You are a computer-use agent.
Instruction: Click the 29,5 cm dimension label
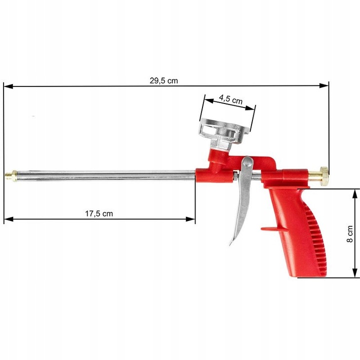163,80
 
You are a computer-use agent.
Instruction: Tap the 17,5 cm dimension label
98,213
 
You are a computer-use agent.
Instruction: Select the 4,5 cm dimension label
230,99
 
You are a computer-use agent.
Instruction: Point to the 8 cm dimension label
350,233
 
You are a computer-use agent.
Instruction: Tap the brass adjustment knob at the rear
323,174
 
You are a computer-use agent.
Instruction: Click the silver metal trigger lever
239,210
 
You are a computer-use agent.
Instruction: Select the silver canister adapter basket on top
223,131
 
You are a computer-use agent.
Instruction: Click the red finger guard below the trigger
270,229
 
